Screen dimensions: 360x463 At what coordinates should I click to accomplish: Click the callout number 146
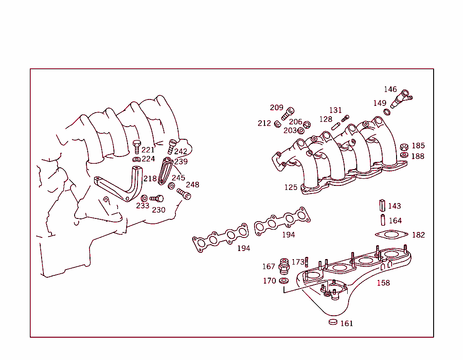click(x=390, y=90)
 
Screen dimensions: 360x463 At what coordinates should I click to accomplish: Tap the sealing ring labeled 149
click(x=387, y=112)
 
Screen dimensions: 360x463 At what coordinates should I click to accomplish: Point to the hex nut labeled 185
click(x=404, y=147)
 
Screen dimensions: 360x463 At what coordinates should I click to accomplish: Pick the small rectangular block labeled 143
click(x=382, y=205)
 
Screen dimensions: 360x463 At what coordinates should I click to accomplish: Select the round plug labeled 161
click(x=333, y=322)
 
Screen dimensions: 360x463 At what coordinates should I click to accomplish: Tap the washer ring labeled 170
click(x=284, y=281)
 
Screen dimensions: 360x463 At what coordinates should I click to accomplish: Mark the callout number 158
click(x=383, y=283)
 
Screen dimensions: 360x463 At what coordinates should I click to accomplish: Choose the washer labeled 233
click(x=144, y=198)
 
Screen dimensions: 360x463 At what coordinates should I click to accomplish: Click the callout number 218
click(x=150, y=179)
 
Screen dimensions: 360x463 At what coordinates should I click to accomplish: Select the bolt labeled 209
click(x=288, y=113)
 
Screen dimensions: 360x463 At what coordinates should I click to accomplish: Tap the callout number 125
click(x=291, y=187)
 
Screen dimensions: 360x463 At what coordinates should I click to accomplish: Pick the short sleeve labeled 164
click(x=382, y=220)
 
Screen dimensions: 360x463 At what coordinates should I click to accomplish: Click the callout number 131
click(x=335, y=110)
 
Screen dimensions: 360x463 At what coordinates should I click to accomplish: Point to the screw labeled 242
click(x=172, y=146)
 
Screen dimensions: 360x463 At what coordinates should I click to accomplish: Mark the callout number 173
click(x=298, y=262)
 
